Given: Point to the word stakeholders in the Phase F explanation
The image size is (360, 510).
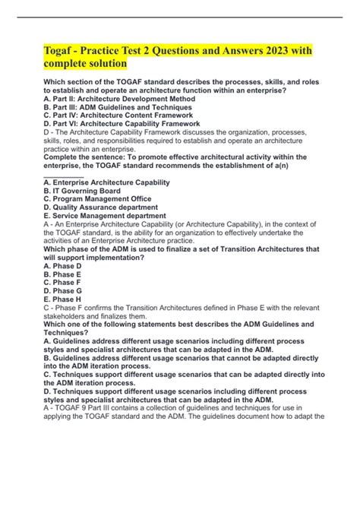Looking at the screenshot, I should pyautogui.click(x=69, y=316).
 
